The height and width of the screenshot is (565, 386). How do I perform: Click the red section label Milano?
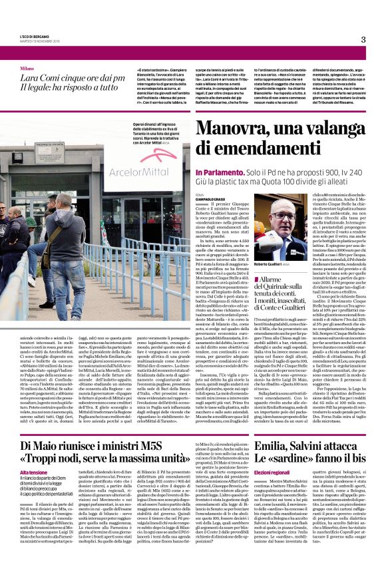(x=27, y=69)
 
